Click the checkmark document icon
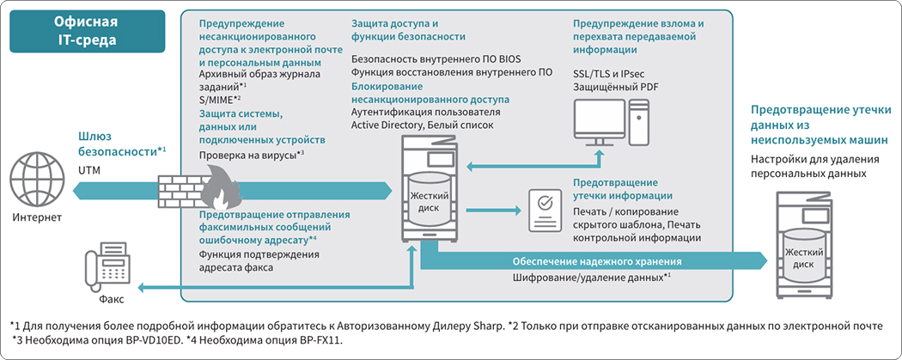[x=544, y=212]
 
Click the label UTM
[x=89, y=171]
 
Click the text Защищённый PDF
[x=615, y=88]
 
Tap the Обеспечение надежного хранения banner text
[x=596, y=261]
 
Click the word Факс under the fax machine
[x=110, y=300]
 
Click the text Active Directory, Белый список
[x=423, y=125]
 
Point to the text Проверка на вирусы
[x=248, y=156]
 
